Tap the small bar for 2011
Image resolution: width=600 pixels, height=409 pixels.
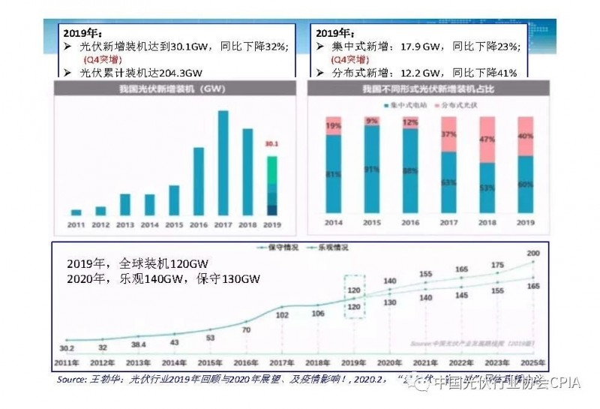point(76,212)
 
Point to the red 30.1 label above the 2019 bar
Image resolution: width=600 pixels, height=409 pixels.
point(272,143)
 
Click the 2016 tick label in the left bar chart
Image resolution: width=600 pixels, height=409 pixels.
point(199,224)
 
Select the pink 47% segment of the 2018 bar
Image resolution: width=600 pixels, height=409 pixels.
point(487,140)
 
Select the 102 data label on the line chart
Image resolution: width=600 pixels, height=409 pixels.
point(283,315)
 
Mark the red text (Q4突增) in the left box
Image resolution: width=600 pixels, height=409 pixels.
point(100,60)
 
